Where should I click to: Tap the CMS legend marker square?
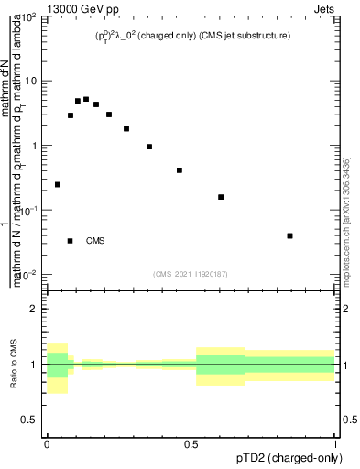pyautogui.click(x=71, y=241)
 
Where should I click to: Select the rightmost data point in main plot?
pyautogui.click(x=289, y=235)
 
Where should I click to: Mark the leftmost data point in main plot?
pyautogui.click(x=58, y=184)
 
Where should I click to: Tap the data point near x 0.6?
pyautogui.click(x=221, y=197)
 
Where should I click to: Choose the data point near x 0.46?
pyautogui.click(x=180, y=170)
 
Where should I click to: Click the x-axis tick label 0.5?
pyautogui.click(x=191, y=443)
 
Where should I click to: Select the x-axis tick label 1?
pyautogui.click(x=335, y=443)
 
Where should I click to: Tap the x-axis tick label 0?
pyautogui.click(x=47, y=443)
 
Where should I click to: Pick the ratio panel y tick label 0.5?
pyautogui.click(x=28, y=420)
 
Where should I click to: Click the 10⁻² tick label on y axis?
pyautogui.click(x=28, y=275)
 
